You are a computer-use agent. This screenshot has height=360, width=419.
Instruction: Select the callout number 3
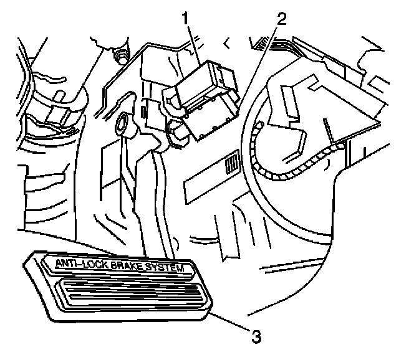pyautogui.click(x=255, y=337)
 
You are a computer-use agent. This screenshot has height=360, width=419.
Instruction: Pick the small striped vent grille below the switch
pyautogui.click(x=232, y=164)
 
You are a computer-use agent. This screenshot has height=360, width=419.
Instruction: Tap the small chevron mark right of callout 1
pyautogui.click(x=226, y=42)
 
